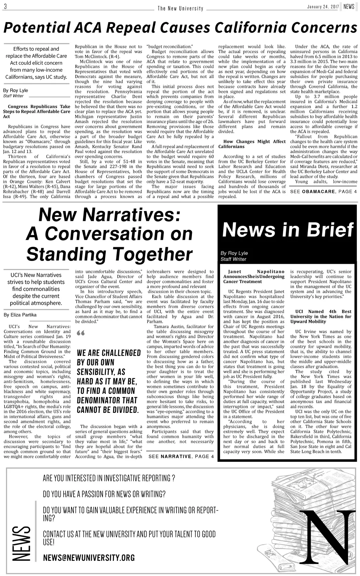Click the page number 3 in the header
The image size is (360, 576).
(5, 7)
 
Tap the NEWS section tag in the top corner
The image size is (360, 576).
(349, 7)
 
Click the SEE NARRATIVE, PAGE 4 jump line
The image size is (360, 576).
(181, 456)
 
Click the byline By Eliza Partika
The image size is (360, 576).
(20, 315)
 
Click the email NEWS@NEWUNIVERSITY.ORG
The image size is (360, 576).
(89, 558)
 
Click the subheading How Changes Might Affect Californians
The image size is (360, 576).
(252, 144)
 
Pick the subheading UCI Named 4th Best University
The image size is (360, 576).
(321, 316)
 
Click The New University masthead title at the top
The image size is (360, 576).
(180, 8)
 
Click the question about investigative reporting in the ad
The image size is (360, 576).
(109, 478)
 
